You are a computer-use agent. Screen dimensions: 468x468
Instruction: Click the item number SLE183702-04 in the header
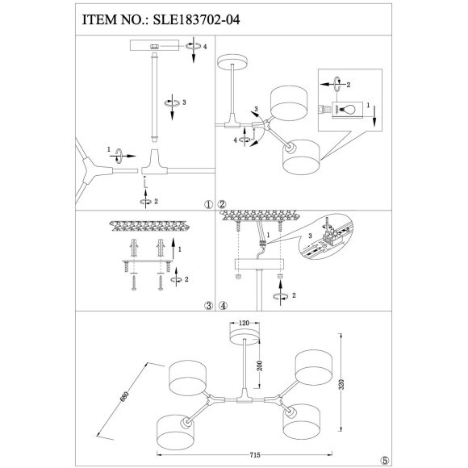click(x=196, y=19)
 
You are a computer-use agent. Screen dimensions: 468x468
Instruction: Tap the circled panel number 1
click(x=208, y=204)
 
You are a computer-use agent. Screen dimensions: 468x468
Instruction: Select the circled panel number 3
click(x=208, y=305)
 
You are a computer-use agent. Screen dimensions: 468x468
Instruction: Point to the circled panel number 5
click(x=385, y=460)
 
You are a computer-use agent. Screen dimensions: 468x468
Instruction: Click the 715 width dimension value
click(x=254, y=455)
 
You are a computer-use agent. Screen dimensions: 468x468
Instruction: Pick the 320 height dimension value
click(x=342, y=384)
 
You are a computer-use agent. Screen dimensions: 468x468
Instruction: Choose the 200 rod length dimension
click(x=260, y=366)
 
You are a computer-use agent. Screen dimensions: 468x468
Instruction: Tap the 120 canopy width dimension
click(x=244, y=323)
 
